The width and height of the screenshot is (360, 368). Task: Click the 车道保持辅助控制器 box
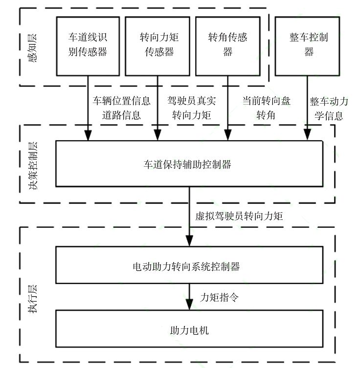pyautogui.click(x=189, y=164)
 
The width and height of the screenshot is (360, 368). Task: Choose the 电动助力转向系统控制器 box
pyautogui.click(x=189, y=267)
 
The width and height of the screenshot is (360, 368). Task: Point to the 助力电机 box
pyautogui.click(x=189, y=330)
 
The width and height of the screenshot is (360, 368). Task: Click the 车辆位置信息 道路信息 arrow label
pyautogui.click(x=122, y=108)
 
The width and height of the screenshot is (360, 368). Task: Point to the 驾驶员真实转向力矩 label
pyautogui.click(x=191, y=108)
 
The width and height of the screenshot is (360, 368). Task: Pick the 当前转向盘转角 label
pyautogui.click(x=266, y=108)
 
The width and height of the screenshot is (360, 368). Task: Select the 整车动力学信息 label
pyautogui.click(x=329, y=108)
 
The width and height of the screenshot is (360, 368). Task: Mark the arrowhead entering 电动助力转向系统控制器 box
pyautogui.click(x=189, y=241)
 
